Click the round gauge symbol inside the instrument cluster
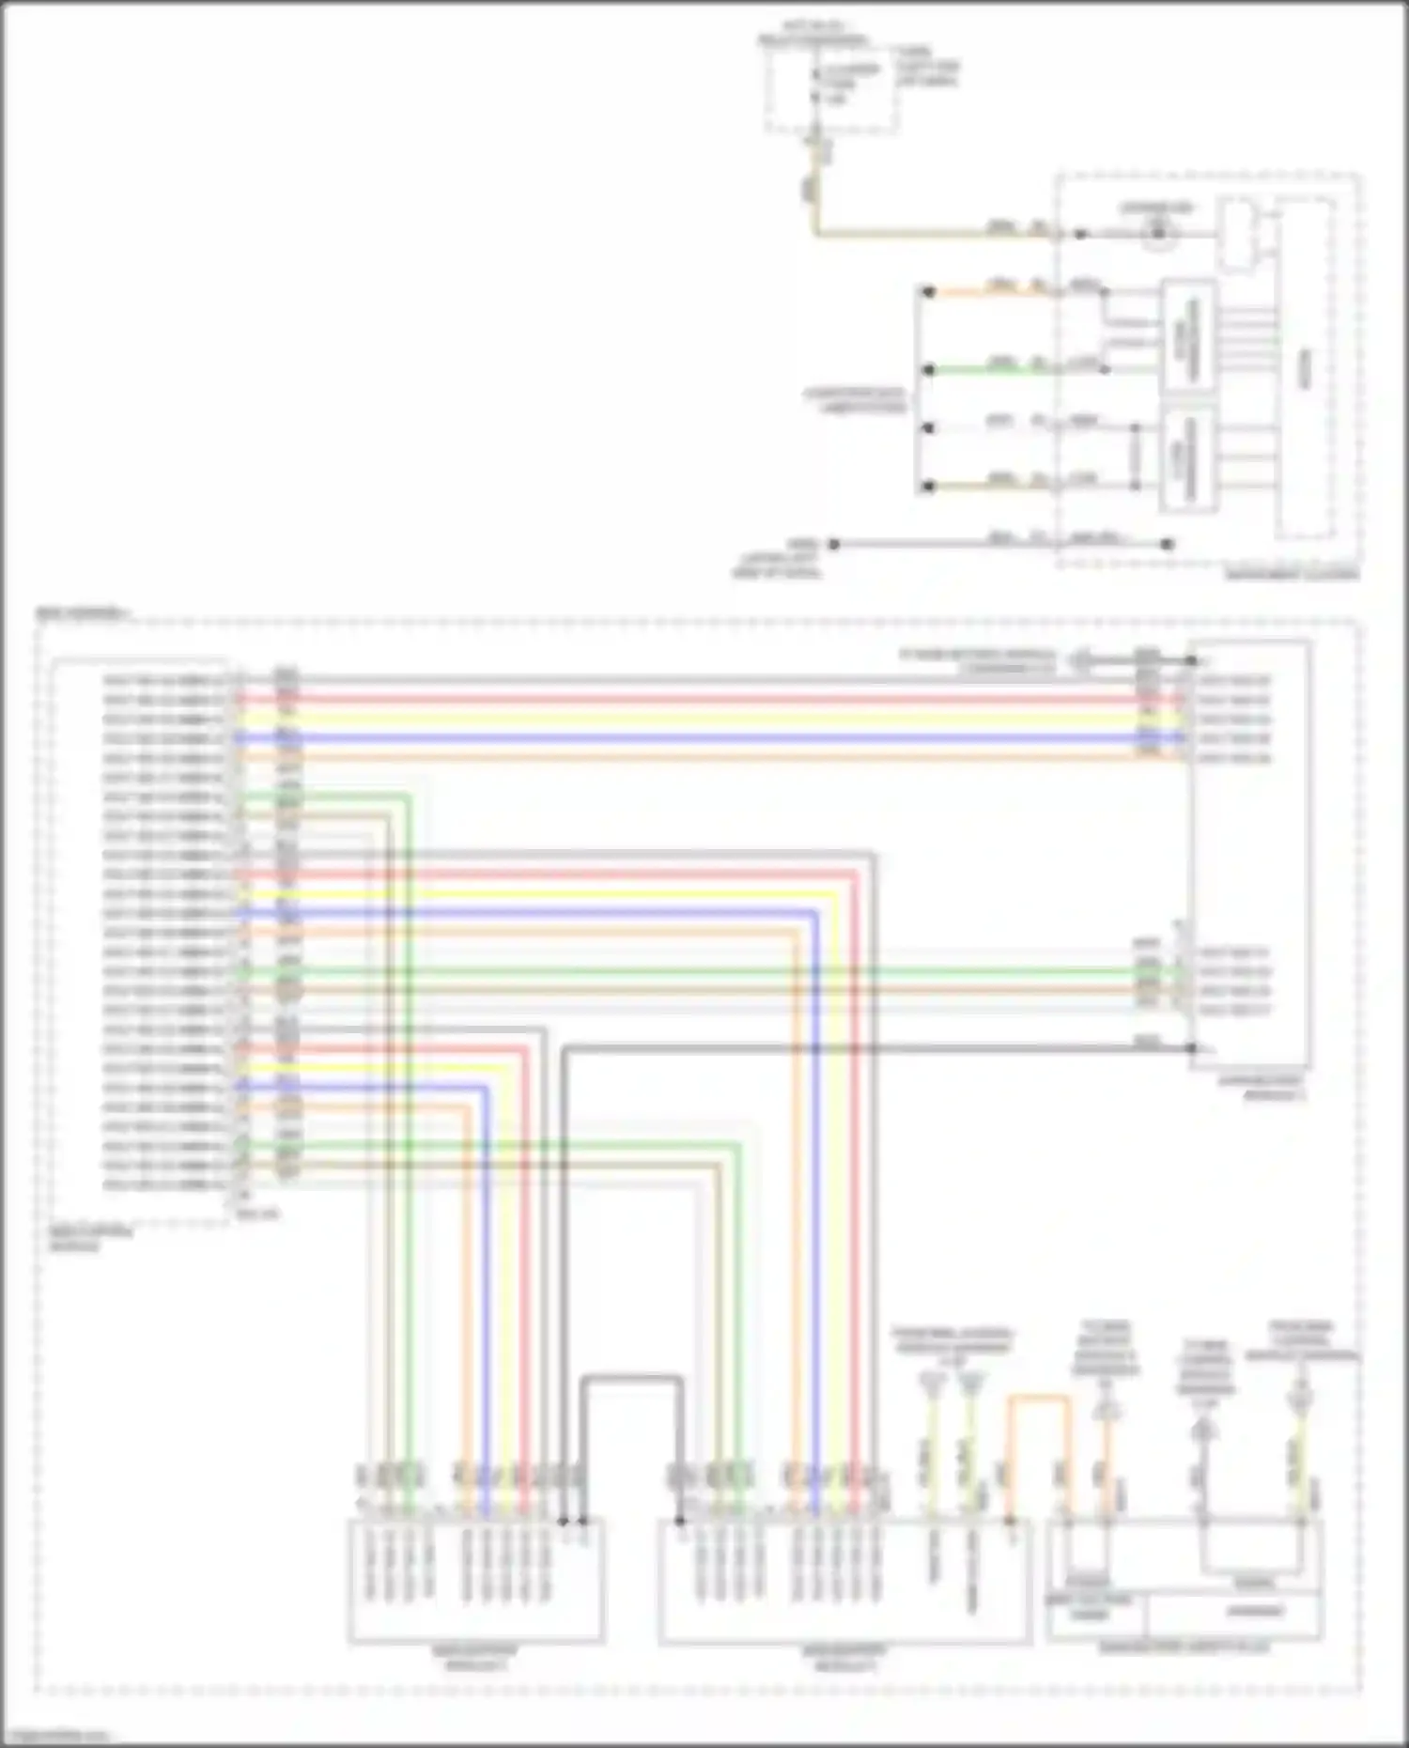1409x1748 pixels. coord(1158,234)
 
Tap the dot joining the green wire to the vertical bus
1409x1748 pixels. coord(928,370)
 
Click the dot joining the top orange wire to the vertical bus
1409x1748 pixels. coord(928,292)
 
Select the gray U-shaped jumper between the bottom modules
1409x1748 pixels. coord(631,1380)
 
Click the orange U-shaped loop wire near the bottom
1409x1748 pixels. coord(1040,1400)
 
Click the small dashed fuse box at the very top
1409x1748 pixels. coord(830,86)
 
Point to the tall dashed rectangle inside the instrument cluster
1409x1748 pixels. coord(1305,368)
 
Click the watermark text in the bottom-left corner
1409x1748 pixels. coord(56,1735)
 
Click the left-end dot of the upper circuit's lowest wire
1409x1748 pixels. coord(833,544)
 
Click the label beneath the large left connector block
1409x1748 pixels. coord(89,1239)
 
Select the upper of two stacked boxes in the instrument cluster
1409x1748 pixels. coord(1189,335)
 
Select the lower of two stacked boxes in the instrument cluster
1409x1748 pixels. coord(1189,461)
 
